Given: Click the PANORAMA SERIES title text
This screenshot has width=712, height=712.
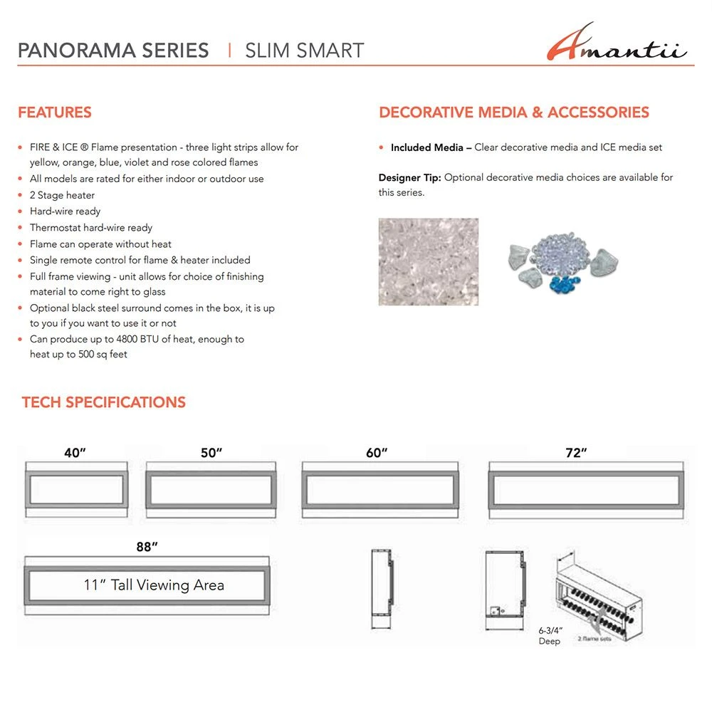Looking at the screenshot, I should [113, 51].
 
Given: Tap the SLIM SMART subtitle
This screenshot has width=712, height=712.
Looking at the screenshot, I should [304, 51].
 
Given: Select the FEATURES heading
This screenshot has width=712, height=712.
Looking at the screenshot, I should [55, 112].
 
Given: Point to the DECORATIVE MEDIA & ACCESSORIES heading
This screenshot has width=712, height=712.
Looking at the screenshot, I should [513, 112].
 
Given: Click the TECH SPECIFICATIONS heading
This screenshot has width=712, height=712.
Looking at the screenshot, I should [103, 402].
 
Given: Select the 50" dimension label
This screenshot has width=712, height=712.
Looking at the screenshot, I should [211, 453].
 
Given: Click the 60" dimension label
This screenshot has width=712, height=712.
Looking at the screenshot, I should [377, 453].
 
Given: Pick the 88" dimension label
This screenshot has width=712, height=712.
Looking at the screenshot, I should [147, 547].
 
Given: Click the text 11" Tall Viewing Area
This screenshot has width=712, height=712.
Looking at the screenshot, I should [154, 585].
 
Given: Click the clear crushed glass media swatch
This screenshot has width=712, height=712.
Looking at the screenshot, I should [428, 261].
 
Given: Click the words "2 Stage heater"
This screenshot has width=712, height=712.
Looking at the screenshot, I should [62, 195].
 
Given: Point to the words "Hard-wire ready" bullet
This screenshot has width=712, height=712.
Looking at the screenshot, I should [65, 211].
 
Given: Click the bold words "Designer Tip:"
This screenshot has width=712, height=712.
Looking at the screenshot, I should [409, 177].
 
